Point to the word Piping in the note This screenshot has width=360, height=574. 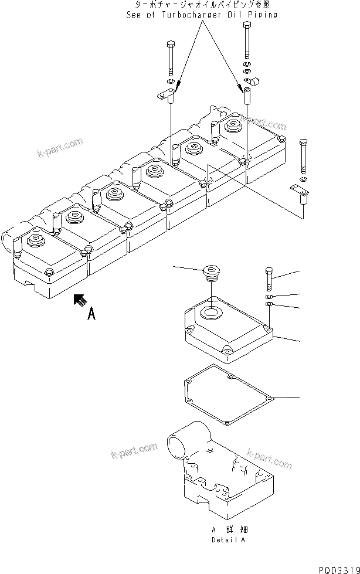click(x=263, y=15)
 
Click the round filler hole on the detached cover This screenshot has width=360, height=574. click(x=209, y=311)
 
